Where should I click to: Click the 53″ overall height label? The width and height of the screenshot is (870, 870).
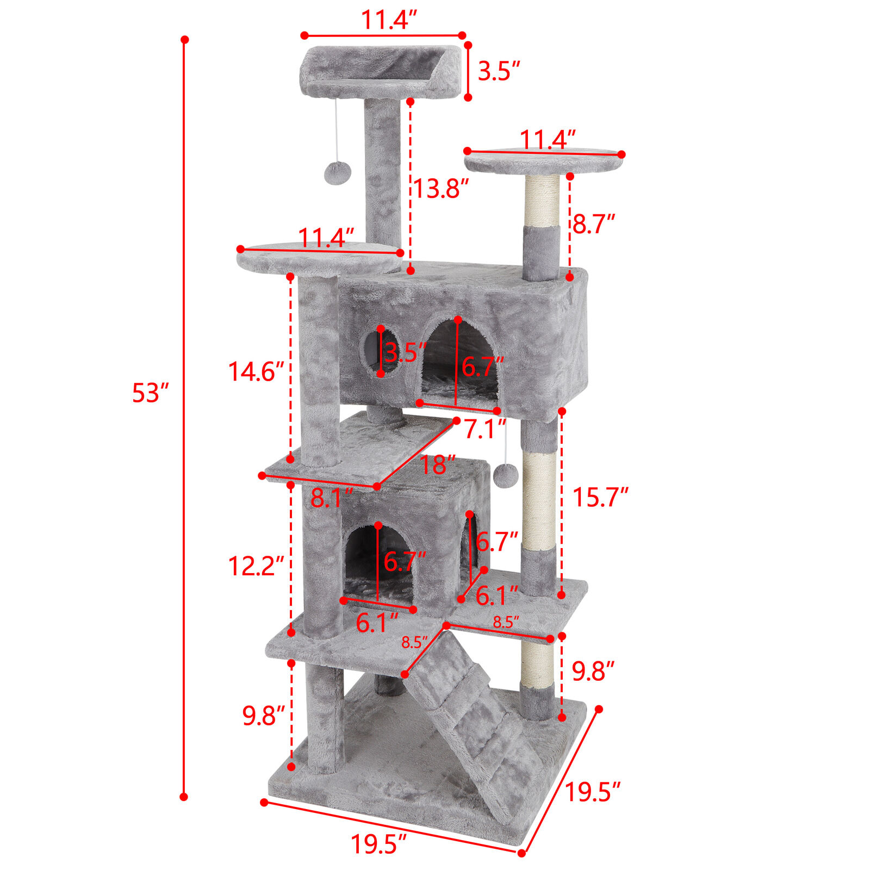point(151,393)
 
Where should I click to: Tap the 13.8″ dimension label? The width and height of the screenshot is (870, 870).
point(440,189)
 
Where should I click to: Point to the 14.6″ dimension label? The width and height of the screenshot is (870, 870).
point(256,372)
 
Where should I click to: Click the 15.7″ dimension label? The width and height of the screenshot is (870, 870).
point(600,497)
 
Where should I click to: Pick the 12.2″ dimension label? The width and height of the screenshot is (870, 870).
point(256,567)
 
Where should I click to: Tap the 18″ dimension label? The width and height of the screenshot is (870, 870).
point(437,465)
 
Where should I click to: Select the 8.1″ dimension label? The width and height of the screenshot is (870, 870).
point(332,498)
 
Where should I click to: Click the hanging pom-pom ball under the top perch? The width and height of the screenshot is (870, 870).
point(338,172)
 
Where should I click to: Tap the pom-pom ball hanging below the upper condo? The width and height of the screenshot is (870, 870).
point(505,475)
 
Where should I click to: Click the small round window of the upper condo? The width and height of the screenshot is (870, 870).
point(371,351)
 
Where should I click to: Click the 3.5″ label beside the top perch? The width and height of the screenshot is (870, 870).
point(499,71)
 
